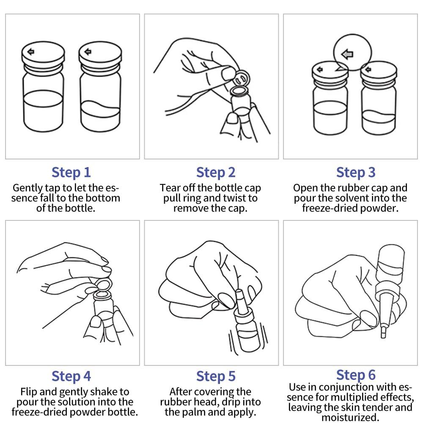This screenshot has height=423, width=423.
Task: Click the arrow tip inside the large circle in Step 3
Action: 341,54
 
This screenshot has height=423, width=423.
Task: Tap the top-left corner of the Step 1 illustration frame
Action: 5,14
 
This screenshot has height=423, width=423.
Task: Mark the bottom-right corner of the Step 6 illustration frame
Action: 418,365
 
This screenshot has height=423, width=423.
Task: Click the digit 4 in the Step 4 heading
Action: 87,376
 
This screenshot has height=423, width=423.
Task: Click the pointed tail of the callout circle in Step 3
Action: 335,71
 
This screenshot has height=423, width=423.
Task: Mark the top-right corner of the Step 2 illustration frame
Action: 278,14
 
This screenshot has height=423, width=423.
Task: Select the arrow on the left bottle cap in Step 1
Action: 31,51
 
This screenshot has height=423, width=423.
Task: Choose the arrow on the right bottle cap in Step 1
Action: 88,51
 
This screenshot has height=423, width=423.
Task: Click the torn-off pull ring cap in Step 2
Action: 242,79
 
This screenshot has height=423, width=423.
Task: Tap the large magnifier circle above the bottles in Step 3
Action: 352,52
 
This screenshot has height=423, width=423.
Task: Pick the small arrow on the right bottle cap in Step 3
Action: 368,70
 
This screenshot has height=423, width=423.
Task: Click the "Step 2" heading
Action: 216,173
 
